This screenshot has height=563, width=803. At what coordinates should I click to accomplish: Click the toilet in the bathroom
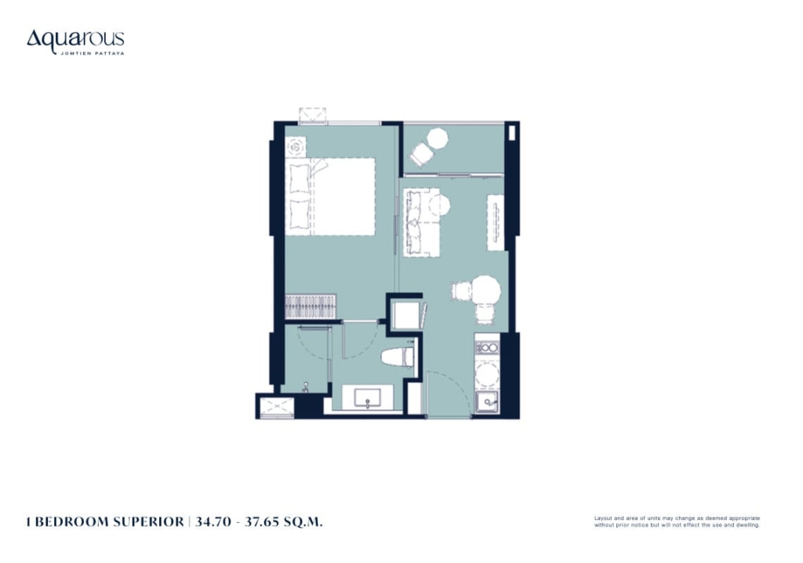pos(398,357)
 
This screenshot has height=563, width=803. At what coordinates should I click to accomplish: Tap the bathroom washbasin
pos(367,398)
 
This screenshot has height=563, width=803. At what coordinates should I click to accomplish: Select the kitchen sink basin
pos(487,401)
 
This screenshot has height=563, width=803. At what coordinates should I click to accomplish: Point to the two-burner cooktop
pos(487,348)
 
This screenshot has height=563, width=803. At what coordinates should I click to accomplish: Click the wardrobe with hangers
pos(311,307)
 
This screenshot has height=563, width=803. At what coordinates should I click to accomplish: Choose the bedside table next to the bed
pos(296,147)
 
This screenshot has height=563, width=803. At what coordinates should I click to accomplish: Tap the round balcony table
pos(438,138)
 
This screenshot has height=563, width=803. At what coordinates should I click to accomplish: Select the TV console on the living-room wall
pos(496,223)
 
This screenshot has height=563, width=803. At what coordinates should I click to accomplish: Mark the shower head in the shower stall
pos(306,387)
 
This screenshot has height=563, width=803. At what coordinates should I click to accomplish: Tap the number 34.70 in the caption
pos(213,522)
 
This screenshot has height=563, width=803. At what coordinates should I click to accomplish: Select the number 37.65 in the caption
pos(263,522)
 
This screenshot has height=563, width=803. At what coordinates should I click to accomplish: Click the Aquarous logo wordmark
pos(75,40)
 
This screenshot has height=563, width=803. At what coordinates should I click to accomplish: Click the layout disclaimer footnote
pos(677,521)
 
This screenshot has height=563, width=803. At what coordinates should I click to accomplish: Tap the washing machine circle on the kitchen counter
pos(487,376)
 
